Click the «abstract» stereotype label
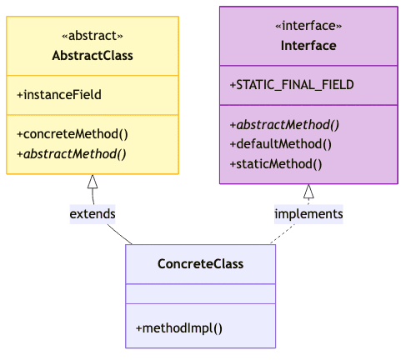[93, 36]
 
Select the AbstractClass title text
[93, 56]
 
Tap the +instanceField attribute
[59, 95]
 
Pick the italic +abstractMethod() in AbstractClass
[71, 153]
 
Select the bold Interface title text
[308, 46]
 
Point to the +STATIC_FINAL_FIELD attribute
[292, 85]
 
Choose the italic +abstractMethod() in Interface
[283, 125]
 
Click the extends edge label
[93, 214]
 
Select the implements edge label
[308, 214]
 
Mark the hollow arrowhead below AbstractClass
[93, 182]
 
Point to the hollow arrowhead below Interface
[308, 192]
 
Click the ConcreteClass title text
[200, 264]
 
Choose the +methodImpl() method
[179, 327]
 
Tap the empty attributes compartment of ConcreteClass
[200, 294]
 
